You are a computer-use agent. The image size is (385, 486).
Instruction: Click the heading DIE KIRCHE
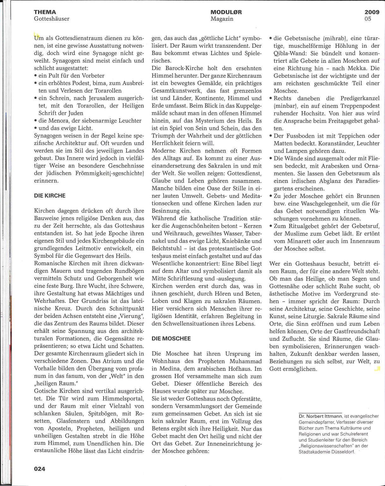click(50, 196)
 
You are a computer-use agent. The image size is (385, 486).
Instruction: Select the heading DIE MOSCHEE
click(171, 339)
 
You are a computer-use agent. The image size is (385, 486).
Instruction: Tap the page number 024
click(39, 469)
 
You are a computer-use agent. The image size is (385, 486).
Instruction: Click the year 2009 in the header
click(372, 12)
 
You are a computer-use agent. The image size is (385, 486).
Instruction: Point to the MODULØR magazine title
click(226, 12)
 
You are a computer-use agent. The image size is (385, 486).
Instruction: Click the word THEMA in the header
click(45, 12)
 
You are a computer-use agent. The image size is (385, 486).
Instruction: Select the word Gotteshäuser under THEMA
click(51, 19)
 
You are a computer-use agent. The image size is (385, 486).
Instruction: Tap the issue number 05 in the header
click(368, 19)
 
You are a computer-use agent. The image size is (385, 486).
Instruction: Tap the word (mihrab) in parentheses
click(335, 38)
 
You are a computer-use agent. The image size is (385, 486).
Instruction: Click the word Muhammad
click(245, 361)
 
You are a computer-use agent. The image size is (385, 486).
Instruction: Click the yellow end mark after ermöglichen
click(377, 369)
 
